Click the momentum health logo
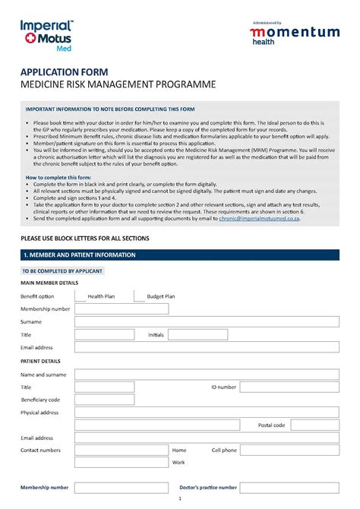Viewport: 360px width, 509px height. point(295,34)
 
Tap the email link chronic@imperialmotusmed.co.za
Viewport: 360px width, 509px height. point(260,218)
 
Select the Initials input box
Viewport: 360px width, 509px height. point(197,334)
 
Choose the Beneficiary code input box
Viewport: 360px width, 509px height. point(105,400)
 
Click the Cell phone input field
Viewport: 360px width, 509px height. point(290,451)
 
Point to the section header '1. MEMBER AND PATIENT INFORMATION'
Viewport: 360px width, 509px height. point(80,254)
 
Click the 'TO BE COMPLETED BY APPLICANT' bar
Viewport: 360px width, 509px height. point(62,270)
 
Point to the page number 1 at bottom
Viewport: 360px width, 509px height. point(180,499)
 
